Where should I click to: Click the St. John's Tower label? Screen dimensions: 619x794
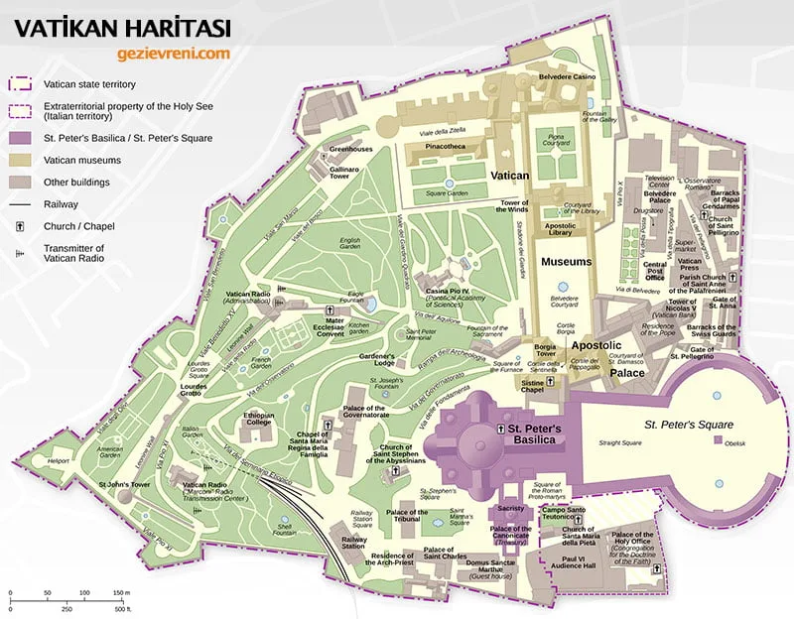123,484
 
